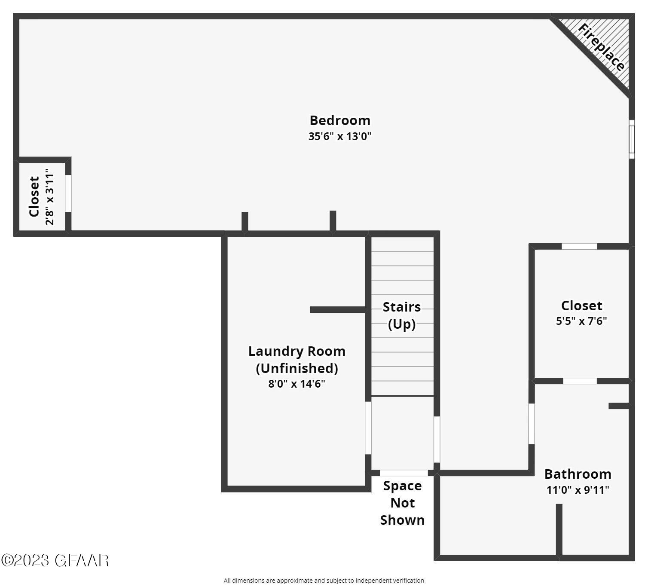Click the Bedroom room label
(x=339, y=120)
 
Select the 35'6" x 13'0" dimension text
(x=339, y=136)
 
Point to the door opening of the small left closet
(x=68, y=193)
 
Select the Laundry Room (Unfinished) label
(x=296, y=359)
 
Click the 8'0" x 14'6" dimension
(x=296, y=384)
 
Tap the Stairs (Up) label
(x=401, y=315)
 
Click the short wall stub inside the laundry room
(x=338, y=309)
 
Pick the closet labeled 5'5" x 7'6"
(x=581, y=313)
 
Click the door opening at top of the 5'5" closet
(x=579, y=247)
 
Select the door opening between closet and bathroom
(x=580, y=381)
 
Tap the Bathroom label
(x=578, y=474)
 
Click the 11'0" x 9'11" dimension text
(x=578, y=489)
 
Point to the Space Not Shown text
(x=402, y=503)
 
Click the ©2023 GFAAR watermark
(x=55, y=560)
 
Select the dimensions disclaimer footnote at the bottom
(x=324, y=581)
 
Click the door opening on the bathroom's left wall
(x=532, y=424)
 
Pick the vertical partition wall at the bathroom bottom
(x=559, y=530)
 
